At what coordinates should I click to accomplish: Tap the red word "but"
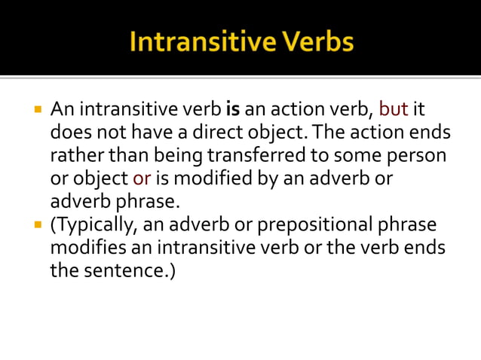click(393, 111)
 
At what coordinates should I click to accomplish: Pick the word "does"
click(69, 134)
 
